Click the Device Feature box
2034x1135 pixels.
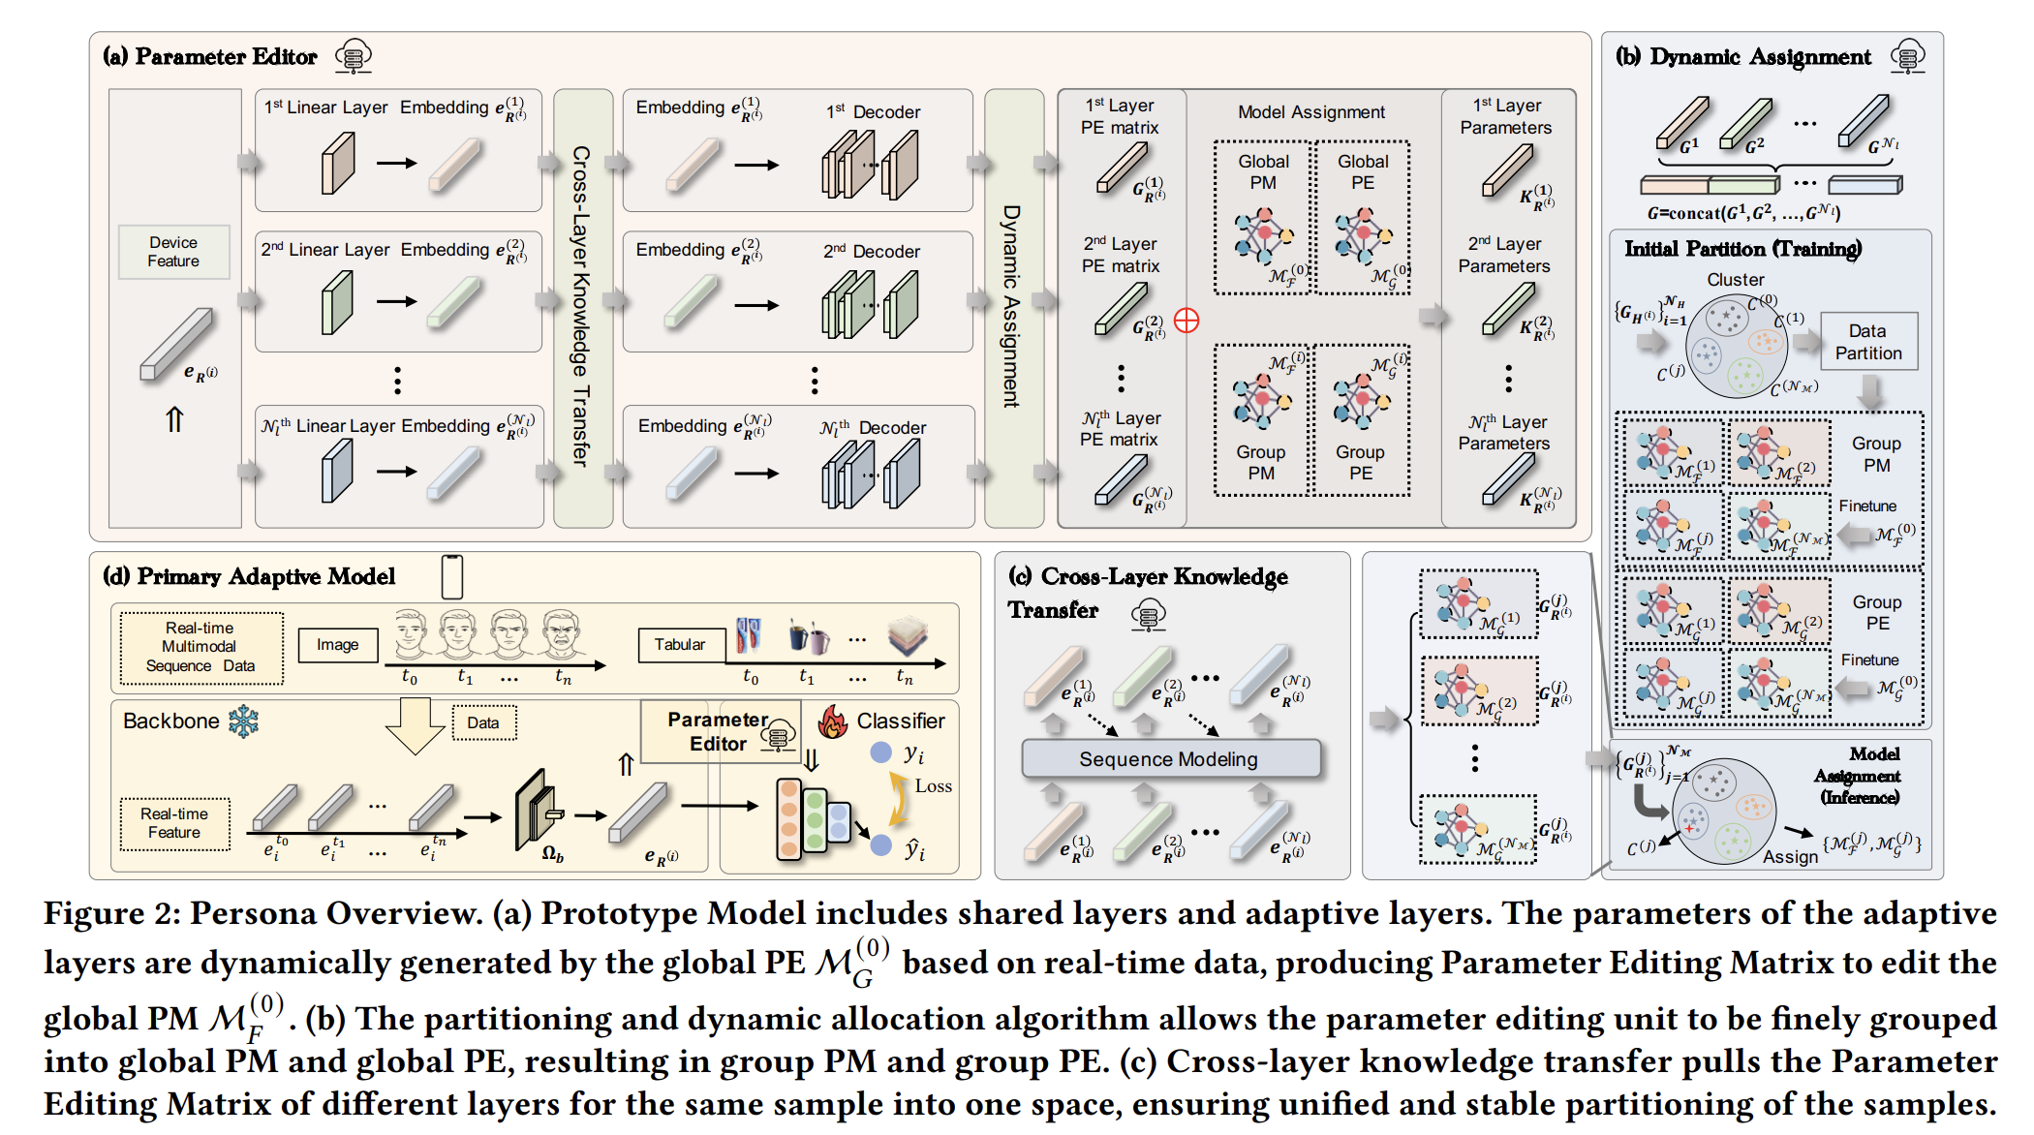(x=173, y=252)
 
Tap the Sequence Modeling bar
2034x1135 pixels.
(x=1169, y=759)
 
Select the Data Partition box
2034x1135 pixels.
(x=1867, y=342)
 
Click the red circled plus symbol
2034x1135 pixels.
(x=1186, y=321)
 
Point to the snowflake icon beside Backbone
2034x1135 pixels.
(x=244, y=721)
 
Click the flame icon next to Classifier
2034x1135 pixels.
(x=833, y=721)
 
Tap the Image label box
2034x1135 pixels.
(x=337, y=645)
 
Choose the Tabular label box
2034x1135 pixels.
(x=680, y=645)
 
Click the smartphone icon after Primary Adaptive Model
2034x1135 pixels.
(x=451, y=577)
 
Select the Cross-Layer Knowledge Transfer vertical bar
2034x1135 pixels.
(x=582, y=307)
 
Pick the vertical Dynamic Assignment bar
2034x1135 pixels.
(x=1012, y=307)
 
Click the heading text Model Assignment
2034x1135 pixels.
(x=1311, y=112)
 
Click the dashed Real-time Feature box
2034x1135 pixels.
(x=174, y=823)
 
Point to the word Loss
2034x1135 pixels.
(x=933, y=786)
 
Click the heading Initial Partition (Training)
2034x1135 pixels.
(x=1742, y=249)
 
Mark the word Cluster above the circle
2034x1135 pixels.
(x=1735, y=280)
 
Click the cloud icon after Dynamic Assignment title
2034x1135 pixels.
(x=1907, y=57)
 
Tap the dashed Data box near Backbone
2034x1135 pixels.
(x=483, y=722)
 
